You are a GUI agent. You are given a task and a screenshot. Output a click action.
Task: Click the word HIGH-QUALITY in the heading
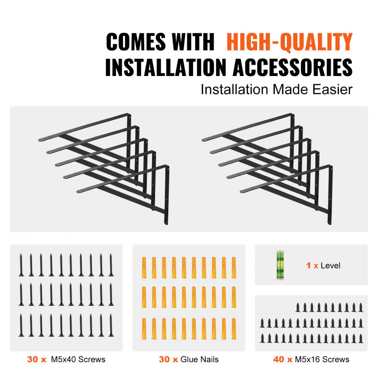tap(290, 42)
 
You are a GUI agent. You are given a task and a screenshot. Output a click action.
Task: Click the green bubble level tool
tap(280, 265)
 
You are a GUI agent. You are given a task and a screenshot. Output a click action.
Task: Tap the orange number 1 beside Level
tap(309, 266)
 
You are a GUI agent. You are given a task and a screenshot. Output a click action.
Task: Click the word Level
tap(330, 266)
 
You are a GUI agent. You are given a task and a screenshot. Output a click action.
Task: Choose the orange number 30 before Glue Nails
tap(165, 359)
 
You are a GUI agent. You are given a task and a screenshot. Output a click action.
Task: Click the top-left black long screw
tap(21, 265)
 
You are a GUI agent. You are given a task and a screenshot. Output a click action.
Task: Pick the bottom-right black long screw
tap(111, 325)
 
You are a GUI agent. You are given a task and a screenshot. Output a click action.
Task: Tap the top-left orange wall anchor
tap(144, 268)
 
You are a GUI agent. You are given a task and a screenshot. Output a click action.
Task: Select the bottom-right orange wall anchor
tap(234, 329)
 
